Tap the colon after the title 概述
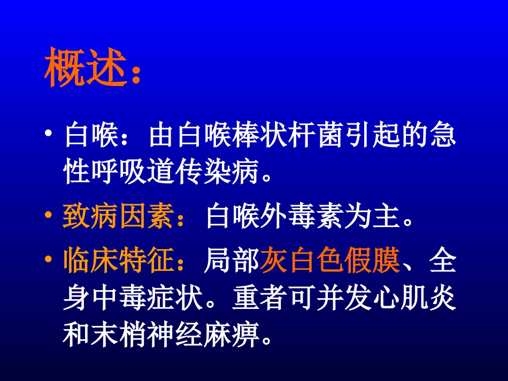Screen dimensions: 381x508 [136, 75]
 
